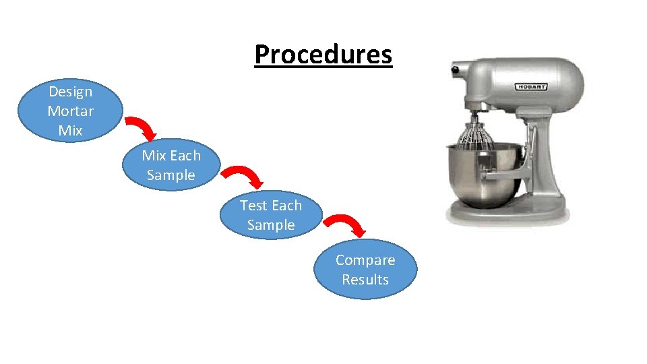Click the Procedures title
(x=323, y=55)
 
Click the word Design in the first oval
(x=70, y=91)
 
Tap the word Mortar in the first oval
(x=70, y=111)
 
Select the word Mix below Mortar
(x=70, y=130)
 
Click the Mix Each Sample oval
(x=171, y=166)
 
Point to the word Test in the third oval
(x=253, y=206)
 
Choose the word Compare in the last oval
(x=365, y=260)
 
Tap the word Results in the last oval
(x=365, y=280)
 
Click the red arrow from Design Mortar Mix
(x=142, y=127)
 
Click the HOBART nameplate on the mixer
(x=532, y=87)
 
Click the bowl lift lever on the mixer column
(x=532, y=145)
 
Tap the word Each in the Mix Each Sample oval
(x=185, y=156)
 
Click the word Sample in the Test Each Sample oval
(x=271, y=225)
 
